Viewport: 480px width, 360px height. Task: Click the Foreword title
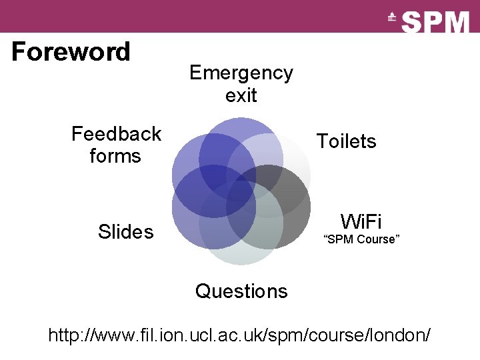pos(71,51)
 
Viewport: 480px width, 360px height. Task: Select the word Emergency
pos(241,72)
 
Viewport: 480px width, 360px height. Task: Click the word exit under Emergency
pos(241,95)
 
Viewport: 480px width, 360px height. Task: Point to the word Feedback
pos(117,134)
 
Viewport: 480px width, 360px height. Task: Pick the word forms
pos(115,156)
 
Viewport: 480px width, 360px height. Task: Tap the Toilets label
pos(346,141)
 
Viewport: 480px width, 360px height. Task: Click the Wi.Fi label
pos(361,221)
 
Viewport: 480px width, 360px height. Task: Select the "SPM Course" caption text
pos(361,239)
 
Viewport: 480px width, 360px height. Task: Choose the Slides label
pos(125,232)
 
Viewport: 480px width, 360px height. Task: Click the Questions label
pos(241,291)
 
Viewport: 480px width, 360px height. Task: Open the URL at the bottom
pos(239,335)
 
